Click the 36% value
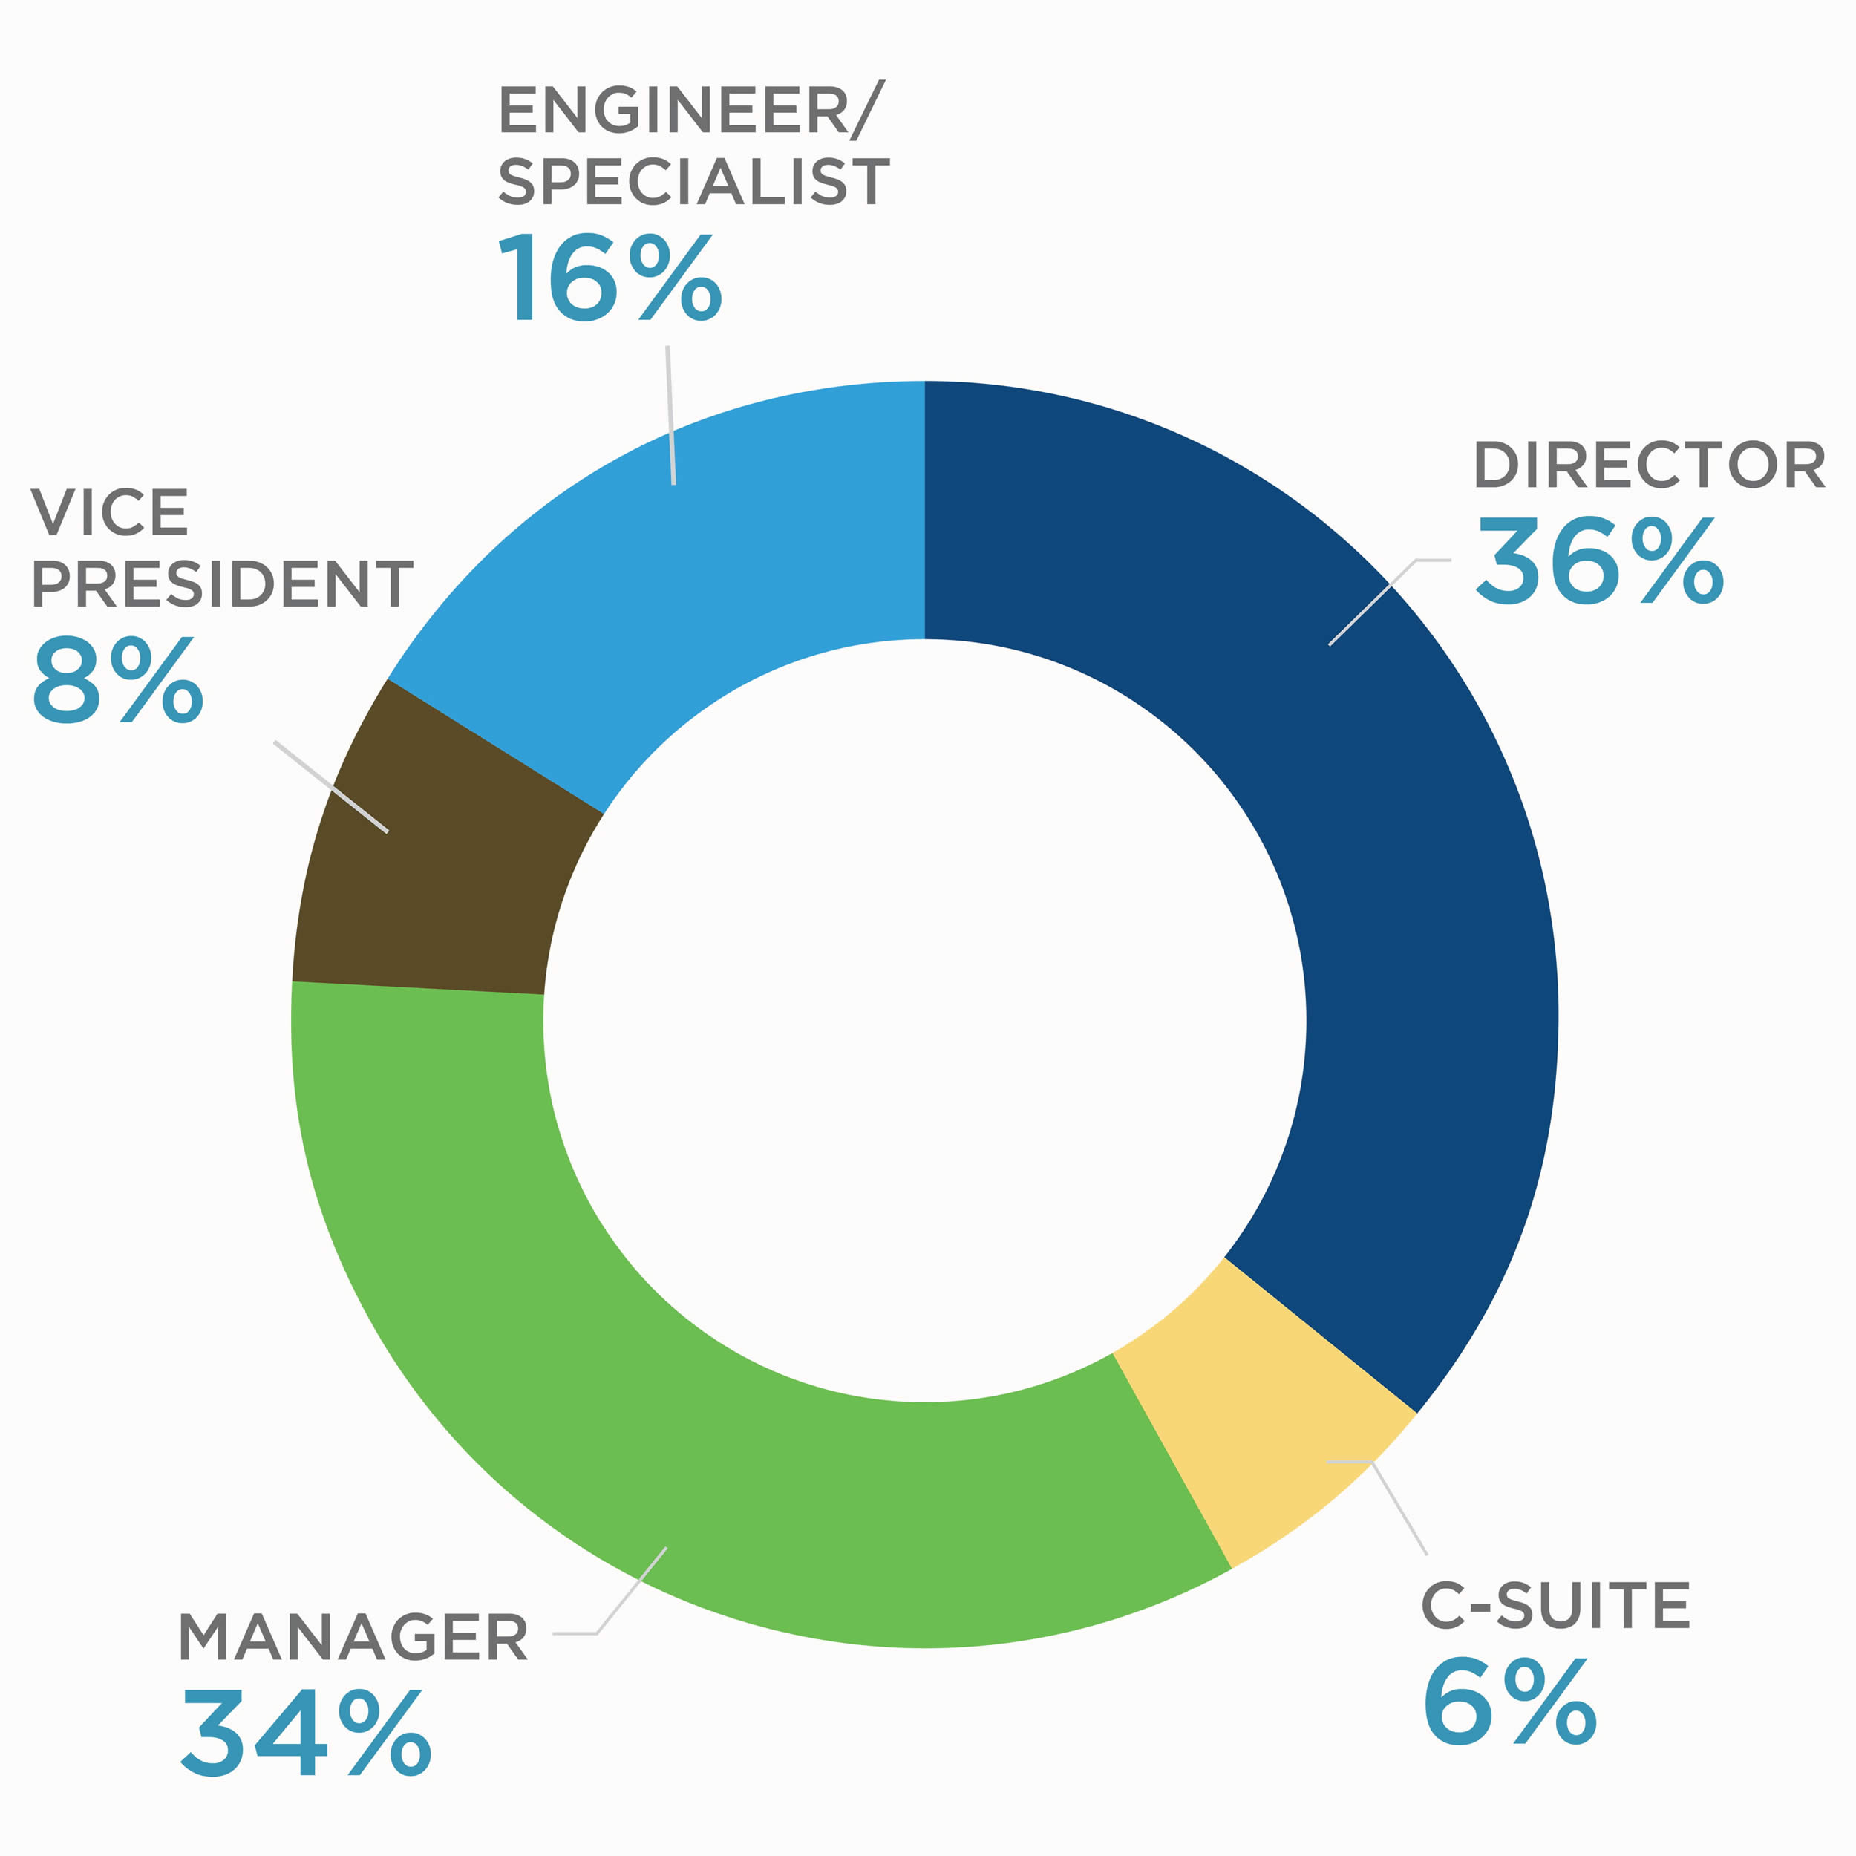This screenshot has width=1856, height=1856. (x=1601, y=561)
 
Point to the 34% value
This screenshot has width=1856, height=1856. (x=305, y=1732)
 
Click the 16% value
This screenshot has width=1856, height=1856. (x=610, y=278)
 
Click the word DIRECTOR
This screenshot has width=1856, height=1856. (x=1648, y=466)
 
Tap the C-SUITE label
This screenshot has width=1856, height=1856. (x=1555, y=1605)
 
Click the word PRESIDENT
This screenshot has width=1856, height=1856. (x=222, y=584)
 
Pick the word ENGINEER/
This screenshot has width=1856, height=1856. (x=690, y=110)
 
